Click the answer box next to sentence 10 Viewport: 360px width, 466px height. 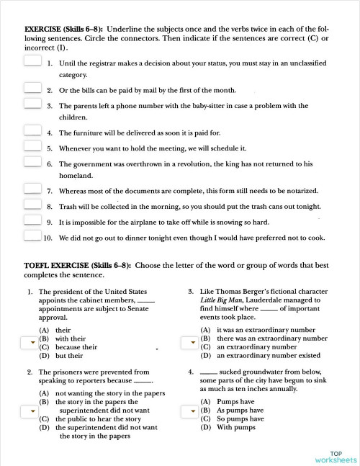click(32, 236)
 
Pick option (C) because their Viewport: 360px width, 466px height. click(70, 346)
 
